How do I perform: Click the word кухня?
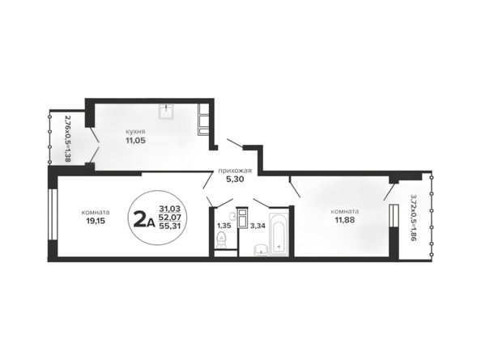tap(135, 132)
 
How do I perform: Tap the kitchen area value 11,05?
tap(134, 141)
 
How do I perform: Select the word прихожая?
tap(235, 171)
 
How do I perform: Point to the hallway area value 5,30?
tap(235, 180)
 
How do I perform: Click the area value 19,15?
tap(96, 221)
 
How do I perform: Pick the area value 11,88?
tap(345, 220)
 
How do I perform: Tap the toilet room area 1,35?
tap(224, 226)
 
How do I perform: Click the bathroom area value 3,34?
tap(258, 226)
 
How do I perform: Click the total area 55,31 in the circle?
tap(170, 226)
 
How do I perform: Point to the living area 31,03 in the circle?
tap(170, 210)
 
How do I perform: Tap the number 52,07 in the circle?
tap(170, 218)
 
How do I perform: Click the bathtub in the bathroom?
tap(279, 234)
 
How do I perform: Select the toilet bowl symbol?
tap(221, 240)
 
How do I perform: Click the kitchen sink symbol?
tap(167, 112)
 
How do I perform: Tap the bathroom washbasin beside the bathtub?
tap(261, 250)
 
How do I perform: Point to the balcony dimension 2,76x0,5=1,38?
tap(67, 138)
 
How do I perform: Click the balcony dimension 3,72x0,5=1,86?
tap(414, 218)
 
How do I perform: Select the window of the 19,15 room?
tap(53, 214)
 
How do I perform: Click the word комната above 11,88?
tap(345, 211)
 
